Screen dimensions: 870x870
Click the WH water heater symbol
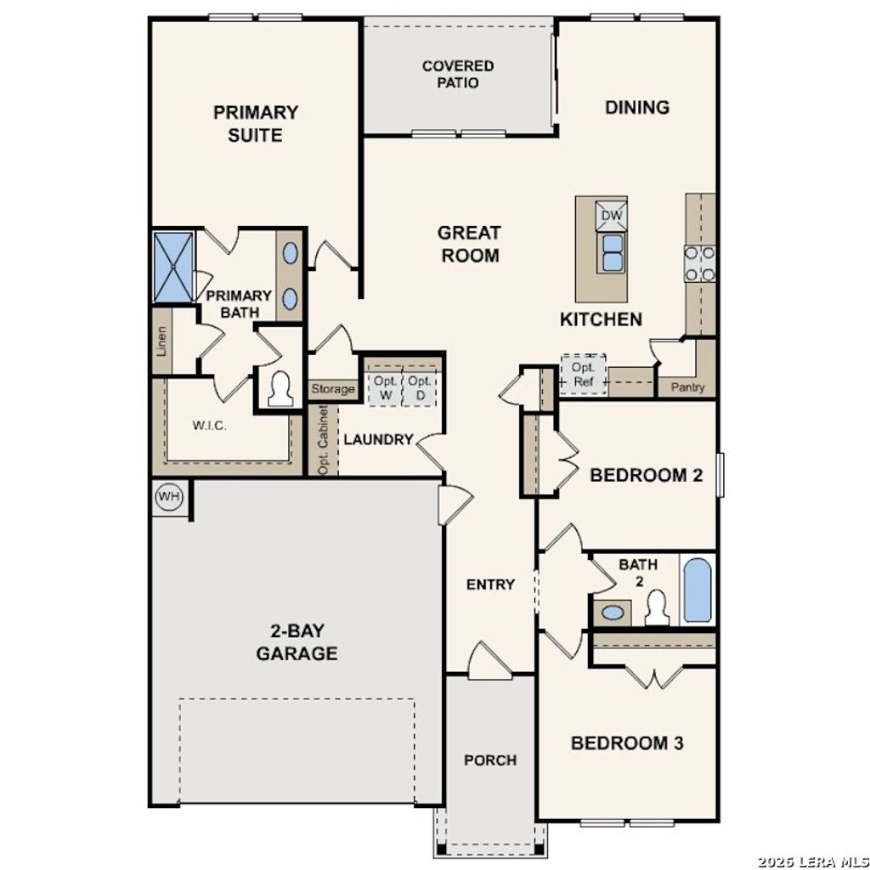click(169, 497)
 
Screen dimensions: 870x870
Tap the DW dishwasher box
click(612, 215)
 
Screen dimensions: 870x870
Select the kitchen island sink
click(612, 252)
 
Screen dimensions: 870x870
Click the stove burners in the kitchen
click(700, 263)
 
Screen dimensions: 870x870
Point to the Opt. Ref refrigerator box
click(583, 375)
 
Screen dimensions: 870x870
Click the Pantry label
click(688, 387)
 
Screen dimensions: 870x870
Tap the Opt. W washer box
click(385, 387)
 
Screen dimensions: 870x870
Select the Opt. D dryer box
click(418, 387)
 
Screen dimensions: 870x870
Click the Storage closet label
click(332, 389)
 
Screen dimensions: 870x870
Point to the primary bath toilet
click(280, 390)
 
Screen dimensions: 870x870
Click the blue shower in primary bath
click(173, 266)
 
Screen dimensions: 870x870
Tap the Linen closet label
click(162, 342)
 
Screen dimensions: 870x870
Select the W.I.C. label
click(209, 426)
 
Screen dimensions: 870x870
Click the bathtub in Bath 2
click(697, 590)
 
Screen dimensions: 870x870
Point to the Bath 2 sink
click(612, 611)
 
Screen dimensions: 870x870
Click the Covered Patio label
click(458, 74)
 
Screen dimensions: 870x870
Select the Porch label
click(490, 760)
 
